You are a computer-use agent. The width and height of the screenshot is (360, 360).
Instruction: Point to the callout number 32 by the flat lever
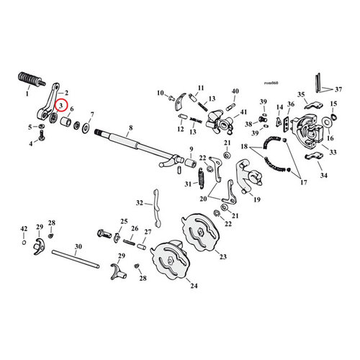point(140,203)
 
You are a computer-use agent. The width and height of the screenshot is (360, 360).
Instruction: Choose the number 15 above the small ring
point(333,104)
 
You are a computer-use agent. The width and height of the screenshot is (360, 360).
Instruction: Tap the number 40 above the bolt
point(235,91)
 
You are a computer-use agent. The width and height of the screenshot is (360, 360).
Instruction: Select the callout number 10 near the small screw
point(161,92)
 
